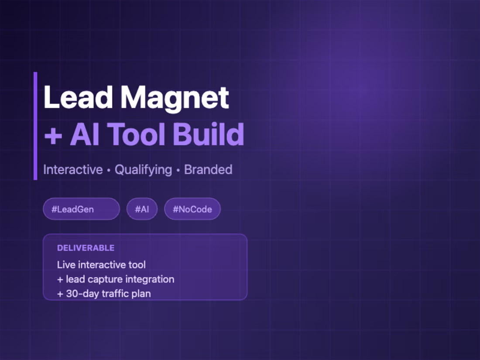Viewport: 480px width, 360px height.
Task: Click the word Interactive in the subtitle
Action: [x=73, y=169]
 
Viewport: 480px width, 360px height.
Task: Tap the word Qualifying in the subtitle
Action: [x=143, y=169]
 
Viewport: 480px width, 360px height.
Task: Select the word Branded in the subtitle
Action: [x=208, y=169]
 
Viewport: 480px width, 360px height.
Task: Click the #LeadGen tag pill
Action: [x=81, y=209]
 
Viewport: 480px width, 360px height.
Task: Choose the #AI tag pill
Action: [x=142, y=209]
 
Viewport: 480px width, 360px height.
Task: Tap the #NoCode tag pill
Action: [x=192, y=209]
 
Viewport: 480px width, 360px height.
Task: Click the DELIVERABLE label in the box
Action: [x=86, y=248]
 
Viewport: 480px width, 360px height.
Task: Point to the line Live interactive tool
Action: [x=101, y=264]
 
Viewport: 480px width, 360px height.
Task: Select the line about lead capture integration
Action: [x=116, y=279]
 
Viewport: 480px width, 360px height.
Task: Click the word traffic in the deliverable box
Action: [x=116, y=293]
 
